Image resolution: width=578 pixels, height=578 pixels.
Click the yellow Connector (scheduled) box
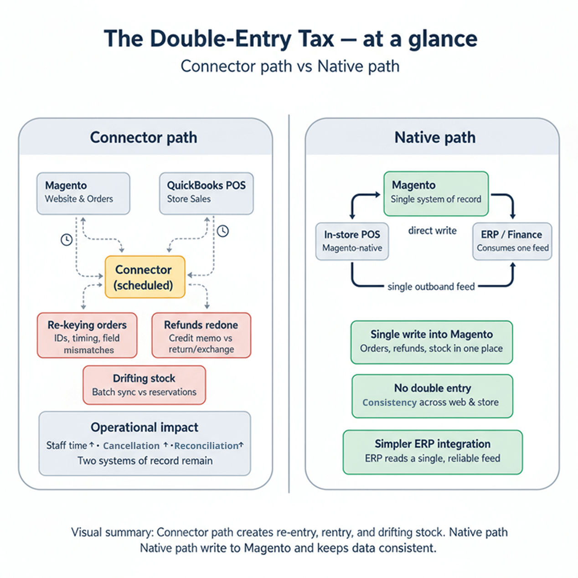coord(145,277)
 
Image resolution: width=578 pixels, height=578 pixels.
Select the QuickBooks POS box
coord(206,193)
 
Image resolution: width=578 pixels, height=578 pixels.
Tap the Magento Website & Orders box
coord(83,193)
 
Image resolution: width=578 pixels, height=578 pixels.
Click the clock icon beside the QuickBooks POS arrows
coord(222,231)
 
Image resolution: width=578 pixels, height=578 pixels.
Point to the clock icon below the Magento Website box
coord(67,240)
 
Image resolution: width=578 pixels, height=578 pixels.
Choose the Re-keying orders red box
coord(87,335)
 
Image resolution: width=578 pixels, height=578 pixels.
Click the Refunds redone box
coord(201,335)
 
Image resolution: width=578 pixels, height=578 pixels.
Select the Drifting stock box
coord(144,385)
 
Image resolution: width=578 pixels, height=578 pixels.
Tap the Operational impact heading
coord(144,428)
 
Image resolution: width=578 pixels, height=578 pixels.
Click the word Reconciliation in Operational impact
coord(206,446)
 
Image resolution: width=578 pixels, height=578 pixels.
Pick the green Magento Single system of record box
coord(436,193)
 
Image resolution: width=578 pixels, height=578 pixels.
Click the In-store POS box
coord(352,242)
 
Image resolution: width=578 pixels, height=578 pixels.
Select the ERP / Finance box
coord(512,242)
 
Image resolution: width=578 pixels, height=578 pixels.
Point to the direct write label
coord(432,231)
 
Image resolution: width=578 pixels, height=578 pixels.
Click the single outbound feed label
coord(431,287)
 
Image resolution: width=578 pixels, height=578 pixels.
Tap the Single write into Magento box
coord(431,342)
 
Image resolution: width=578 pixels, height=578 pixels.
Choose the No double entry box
coord(432,396)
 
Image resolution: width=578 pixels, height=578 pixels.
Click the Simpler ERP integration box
coord(432,452)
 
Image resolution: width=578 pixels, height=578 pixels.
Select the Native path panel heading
coord(435,138)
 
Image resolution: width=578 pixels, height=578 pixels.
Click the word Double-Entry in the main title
coord(220,39)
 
